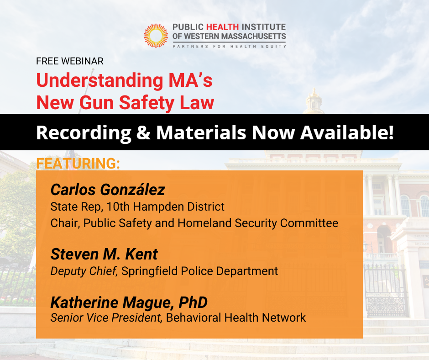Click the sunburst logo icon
156,36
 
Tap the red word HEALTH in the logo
222,27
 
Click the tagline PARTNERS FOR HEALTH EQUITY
229,46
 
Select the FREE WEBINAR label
70,61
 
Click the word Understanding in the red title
99,80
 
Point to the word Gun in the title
96,102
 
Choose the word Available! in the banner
347,132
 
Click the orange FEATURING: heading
78,163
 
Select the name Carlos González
108,190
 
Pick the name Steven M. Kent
104,254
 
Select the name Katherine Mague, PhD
129,302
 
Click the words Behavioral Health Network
236,318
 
